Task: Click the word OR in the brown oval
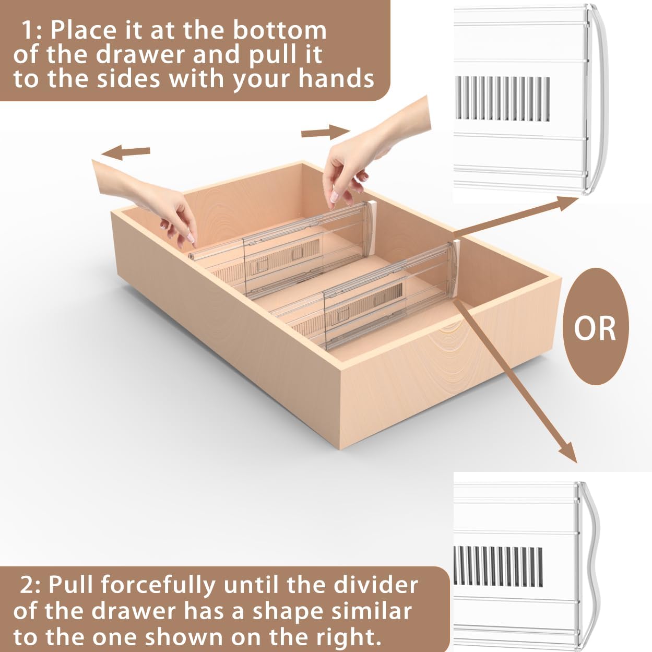point(595,328)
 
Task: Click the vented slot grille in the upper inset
point(502,98)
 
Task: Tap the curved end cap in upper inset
point(598,99)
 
